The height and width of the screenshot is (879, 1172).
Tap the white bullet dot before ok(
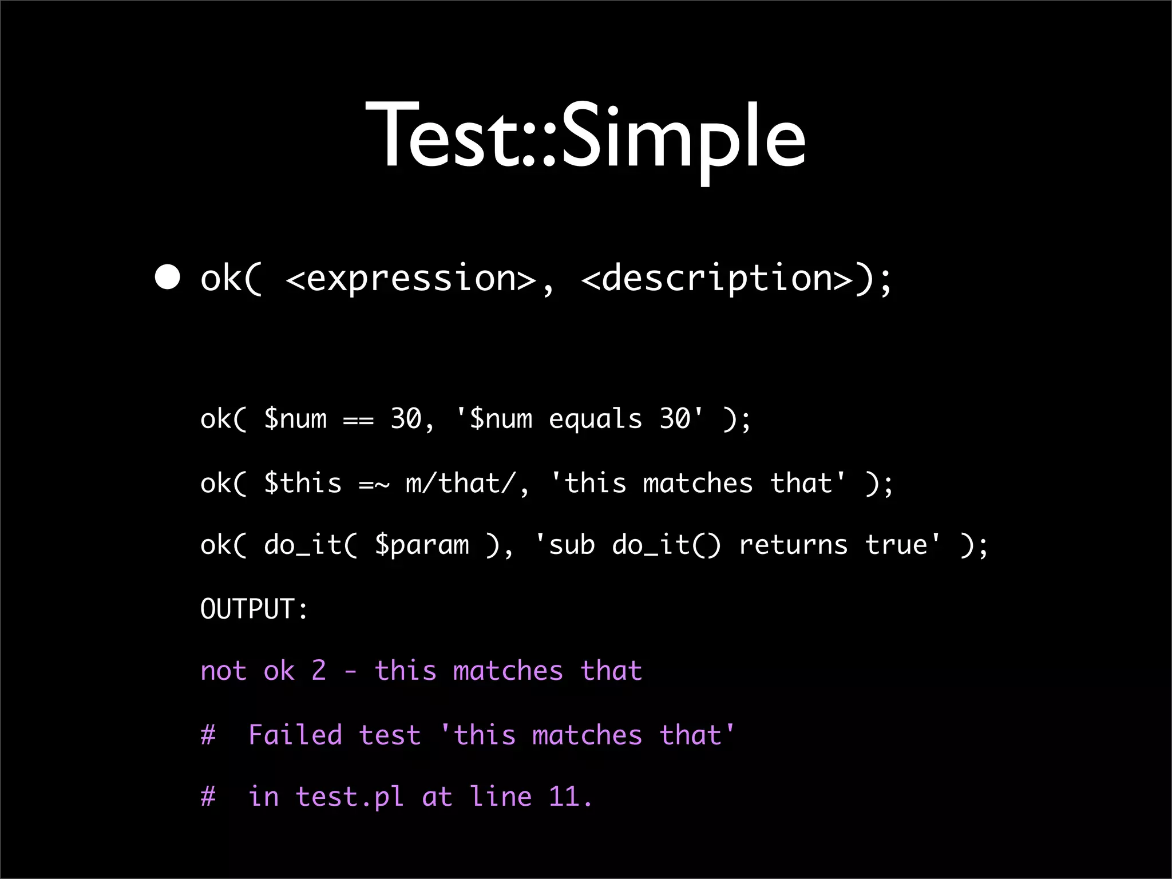pyautogui.click(x=167, y=278)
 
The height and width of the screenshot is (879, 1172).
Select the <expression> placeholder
pyautogui.click(x=410, y=279)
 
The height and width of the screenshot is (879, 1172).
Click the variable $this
pyautogui.click(x=303, y=484)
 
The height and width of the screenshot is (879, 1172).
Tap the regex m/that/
pyautogui.click(x=462, y=484)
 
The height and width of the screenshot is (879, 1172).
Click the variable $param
pyautogui.click(x=422, y=545)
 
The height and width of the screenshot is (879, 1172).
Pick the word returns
pyautogui.click(x=793, y=545)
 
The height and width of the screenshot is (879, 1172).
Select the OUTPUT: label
pyautogui.click(x=254, y=608)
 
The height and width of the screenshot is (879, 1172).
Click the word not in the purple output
pyautogui.click(x=223, y=671)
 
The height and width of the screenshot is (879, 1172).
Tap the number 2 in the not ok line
pyautogui.click(x=319, y=671)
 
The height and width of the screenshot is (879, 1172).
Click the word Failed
pyautogui.click(x=295, y=735)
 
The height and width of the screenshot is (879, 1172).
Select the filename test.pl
pyautogui.click(x=350, y=797)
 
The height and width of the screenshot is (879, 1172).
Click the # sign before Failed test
pyautogui.click(x=208, y=735)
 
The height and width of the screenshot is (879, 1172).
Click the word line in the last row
pyautogui.click(x=501, y=797)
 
